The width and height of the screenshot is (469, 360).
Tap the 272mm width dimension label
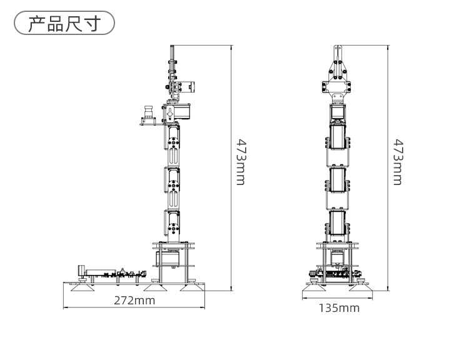click(x=134, y=301)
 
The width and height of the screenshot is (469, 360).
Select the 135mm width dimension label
click(x=339, y=307)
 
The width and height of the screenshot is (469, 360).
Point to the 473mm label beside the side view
click(x=240, y=162)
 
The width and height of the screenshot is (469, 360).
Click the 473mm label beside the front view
click(x=397, y=162)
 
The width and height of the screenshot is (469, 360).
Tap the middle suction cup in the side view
click(x=153, y=287)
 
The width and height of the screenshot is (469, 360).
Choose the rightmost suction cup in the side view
click(x=191, y=287)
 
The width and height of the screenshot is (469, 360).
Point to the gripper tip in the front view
click(x=338, y=49)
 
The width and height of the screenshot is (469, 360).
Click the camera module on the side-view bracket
click(x=148, y=113)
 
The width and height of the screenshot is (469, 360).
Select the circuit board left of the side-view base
click(x=103, y=272)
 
